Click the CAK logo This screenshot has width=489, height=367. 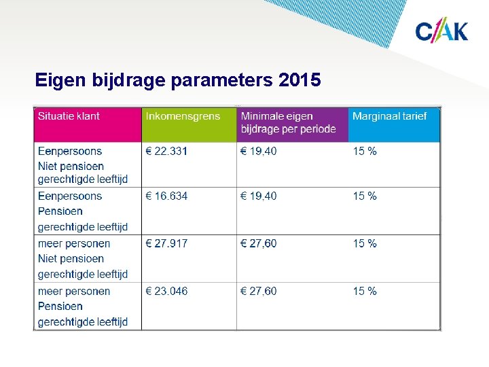coord(441,31)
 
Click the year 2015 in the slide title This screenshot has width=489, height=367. coord(300,81)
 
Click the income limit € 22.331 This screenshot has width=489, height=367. coord(166,151)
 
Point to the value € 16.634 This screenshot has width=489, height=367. coord(166,196)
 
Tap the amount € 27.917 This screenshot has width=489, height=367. coord(166,243)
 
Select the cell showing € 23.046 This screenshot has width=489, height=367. coord(166,291)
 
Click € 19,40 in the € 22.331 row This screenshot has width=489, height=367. coord(259,151)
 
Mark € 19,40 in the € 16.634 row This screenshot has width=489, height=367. coord(259,196)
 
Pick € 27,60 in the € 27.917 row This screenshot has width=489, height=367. coord(259,243)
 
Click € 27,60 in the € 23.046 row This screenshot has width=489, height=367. coord(259,291)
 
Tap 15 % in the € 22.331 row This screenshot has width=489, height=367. coord(365,151)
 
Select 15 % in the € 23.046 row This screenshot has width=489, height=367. coord(365,291)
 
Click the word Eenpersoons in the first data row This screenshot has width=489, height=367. coord(70,151)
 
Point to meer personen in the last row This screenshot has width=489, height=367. coord(74,291)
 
